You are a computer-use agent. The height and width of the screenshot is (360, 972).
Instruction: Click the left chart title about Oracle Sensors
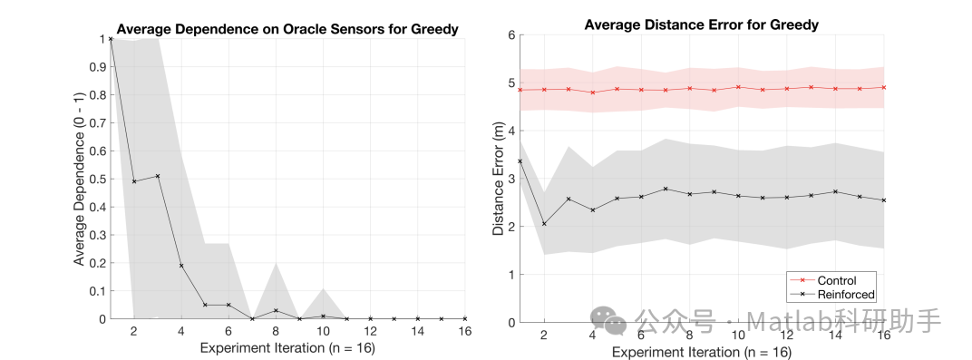[287, 30]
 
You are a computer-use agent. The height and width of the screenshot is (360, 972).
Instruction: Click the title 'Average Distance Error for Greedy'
[701, 24]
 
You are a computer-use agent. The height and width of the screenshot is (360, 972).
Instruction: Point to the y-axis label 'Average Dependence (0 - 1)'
[79, 179]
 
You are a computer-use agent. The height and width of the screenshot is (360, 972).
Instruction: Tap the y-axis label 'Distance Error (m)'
[498, 180]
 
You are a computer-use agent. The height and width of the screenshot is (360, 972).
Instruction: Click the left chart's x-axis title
[287, 348]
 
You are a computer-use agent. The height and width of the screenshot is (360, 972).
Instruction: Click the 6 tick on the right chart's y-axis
[510, 35]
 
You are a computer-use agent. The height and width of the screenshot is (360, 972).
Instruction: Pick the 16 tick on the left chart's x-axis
[465, 332]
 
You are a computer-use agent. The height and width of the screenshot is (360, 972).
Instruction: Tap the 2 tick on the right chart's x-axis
[544, 336]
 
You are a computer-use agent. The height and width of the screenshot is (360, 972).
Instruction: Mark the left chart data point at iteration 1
[111, 39]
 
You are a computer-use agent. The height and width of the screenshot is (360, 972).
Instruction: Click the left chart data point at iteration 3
[158, 176]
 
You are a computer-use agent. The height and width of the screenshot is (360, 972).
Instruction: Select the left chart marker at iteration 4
[181, 266]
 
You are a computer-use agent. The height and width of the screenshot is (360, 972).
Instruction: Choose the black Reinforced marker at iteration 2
[544, 224]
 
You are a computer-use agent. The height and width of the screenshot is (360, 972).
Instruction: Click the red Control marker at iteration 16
[883, 87]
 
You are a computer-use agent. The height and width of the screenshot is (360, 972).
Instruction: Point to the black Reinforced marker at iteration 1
[520, 161]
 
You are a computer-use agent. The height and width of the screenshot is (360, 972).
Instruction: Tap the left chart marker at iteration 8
[276, 311]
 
